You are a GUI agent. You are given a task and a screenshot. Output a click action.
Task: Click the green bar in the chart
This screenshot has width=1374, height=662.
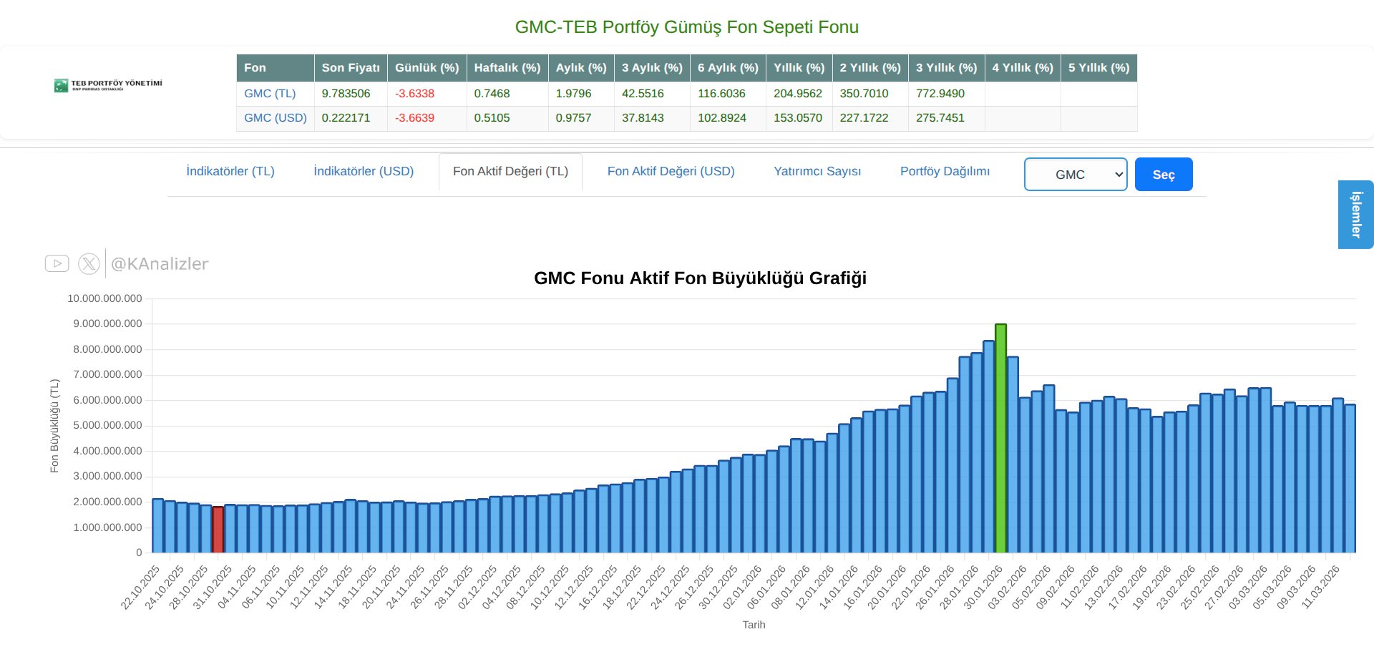pyautogui.click(x=1000, y=438)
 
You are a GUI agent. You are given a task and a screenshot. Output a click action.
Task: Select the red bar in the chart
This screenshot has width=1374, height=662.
pyautogui.click(x=218, y=530)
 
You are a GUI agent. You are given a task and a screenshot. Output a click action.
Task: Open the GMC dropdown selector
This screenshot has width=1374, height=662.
pyautogui.click(x=1075, y=175)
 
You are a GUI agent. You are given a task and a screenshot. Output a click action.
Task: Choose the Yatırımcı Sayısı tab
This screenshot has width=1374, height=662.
pyautogui.click(x=817, y=172)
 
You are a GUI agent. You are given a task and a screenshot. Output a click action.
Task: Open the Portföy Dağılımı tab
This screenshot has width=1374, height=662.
pyautogui.click(x=945, y=172)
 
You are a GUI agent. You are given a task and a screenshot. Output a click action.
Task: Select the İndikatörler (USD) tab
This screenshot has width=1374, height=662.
pyautogui.click(x=364, y=172)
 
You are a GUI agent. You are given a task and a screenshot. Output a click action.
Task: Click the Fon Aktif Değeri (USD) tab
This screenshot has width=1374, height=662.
pyautogui.click(x=671, y=172)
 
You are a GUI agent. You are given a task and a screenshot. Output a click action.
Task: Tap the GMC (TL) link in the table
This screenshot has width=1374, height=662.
pyautogui.click(x=270, y=94)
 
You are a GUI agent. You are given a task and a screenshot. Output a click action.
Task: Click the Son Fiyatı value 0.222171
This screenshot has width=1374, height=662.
pyautogui.click(x=346, y=118)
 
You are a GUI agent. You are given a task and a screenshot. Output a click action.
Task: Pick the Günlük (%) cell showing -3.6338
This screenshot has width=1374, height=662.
pyautogui.click(x=414, y=94)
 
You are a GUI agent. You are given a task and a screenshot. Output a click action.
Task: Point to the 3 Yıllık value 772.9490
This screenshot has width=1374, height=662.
pyautogui.click(x=940, y=94)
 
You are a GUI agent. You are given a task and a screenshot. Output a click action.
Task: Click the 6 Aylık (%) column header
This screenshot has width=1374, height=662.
pyautogui.click(x=727, y=68)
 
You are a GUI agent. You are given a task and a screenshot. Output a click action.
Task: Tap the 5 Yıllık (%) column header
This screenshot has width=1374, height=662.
pyautogui.click(x=1098, y=68)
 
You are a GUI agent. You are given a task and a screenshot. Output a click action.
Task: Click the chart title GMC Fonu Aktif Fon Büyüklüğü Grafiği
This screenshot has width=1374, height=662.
pyautogui.click(x=700, y=278)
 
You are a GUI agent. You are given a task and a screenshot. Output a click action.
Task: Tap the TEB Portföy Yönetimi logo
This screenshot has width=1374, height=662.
pyautogui.click(x=108, y=86)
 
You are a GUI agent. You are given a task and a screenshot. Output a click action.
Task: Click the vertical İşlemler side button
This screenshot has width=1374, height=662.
pyautogui.click(x=1355, y=215)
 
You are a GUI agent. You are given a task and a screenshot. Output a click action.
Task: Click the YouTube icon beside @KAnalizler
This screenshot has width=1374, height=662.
pyautogui.click(x=57, y=264)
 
